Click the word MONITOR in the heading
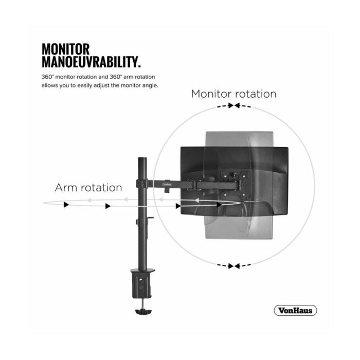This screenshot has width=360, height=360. [65, 49]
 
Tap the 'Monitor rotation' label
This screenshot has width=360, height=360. [233, 94]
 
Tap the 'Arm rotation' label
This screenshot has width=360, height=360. [88, 188]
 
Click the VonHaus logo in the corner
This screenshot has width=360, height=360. [295, 311]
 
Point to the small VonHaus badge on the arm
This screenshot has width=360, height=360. [167, 184]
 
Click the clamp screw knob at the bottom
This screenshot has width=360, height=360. [143, 312]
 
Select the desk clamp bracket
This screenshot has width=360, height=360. [142, 283]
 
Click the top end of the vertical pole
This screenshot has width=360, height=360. [142, 158]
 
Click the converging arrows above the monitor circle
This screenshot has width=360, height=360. [234, 106]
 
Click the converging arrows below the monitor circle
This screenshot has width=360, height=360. [234, 266]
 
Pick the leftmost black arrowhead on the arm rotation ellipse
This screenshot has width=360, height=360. [66, 205]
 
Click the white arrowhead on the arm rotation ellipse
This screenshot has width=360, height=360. [196, 201]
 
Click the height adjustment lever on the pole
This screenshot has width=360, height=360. [150, 218]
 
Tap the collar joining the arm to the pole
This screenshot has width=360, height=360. [142, 184]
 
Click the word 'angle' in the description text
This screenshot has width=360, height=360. [150, 86]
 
